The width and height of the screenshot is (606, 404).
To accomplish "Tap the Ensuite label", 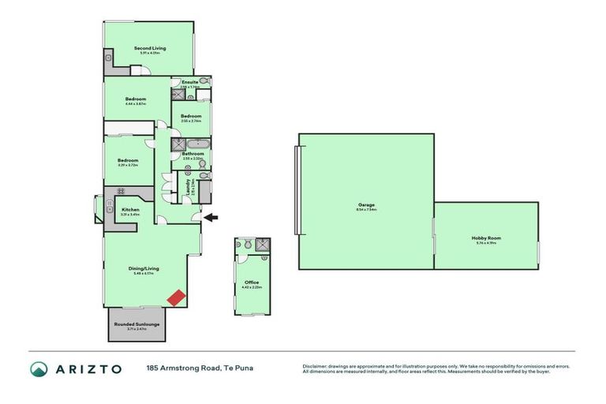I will click(189, 81).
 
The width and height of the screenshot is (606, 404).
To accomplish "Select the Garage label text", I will click(366, 204).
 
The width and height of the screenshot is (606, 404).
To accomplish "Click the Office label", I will click(252, 282).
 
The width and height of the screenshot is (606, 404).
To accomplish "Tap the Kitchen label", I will click(130, 209).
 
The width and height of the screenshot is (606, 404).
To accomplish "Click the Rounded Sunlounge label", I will click(137, 324).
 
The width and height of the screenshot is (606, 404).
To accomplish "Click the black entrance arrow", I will click(211, 216).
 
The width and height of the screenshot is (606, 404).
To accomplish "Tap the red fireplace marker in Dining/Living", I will click(178, 297).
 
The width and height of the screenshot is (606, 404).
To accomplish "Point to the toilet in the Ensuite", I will click(204, 81).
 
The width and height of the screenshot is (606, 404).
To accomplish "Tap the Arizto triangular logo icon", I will click(39, 368).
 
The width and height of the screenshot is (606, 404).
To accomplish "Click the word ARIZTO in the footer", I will click(88, 368).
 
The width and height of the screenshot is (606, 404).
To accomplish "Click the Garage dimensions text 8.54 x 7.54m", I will click(366, 210).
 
